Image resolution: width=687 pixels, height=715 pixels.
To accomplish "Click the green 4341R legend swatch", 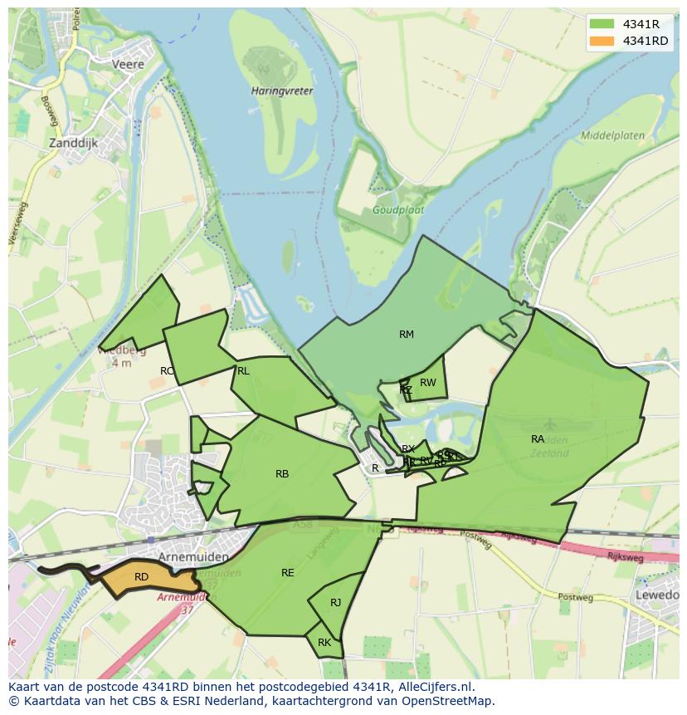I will pos(602,24).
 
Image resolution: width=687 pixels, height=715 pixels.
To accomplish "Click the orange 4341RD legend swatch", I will pos(602,41).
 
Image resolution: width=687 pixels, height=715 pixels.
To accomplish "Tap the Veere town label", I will pos(128,64).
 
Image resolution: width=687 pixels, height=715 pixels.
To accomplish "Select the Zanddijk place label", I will pos(74,143).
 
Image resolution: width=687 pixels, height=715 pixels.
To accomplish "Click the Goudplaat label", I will pos(397,210).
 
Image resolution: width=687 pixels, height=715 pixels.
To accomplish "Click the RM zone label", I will pos(406,335).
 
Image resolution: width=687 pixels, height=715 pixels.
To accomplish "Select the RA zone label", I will pos(538,438).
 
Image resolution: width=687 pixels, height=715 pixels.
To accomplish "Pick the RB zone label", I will pos(282,474).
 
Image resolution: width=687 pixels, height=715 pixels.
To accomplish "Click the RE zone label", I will pos(287,573).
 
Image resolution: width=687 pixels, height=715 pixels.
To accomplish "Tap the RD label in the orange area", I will pos(141,576).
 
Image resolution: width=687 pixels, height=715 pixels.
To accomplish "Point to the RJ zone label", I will pos(335,603).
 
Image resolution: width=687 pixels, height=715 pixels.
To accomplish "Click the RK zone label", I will pos(324,643).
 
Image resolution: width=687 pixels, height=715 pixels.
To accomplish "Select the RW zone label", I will pos(427,383).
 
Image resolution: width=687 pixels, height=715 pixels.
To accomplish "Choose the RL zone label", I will pos(243,371).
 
